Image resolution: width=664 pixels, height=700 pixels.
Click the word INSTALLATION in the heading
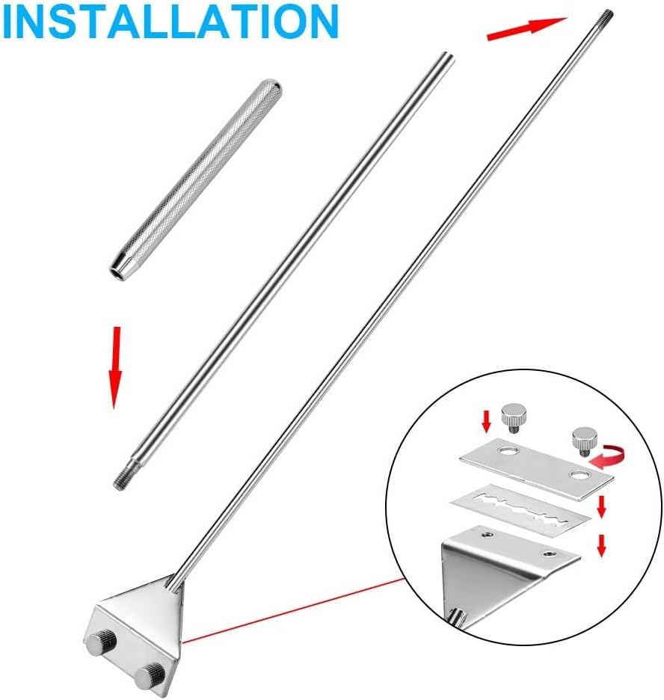point(170,22)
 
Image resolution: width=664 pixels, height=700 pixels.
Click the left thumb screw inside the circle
point(512,415)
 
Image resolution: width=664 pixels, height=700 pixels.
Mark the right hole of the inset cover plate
point(579,475)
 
